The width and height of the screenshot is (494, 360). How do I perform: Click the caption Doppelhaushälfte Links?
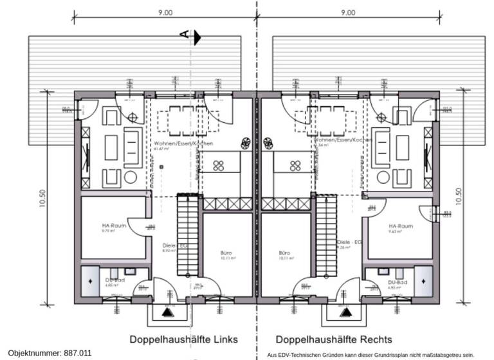184,339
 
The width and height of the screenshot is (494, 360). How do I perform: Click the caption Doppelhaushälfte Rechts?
334,339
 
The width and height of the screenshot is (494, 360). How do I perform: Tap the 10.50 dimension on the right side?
457,200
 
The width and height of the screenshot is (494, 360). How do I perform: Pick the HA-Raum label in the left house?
113,226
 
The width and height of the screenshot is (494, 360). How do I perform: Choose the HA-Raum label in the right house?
401,226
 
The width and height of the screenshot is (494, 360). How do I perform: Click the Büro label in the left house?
226,253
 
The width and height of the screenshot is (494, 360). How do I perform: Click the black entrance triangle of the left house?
169,312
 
